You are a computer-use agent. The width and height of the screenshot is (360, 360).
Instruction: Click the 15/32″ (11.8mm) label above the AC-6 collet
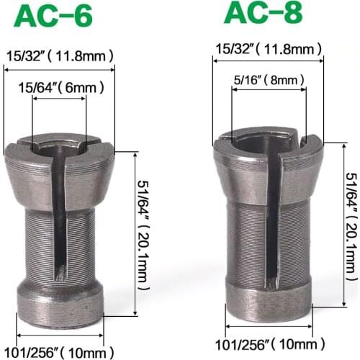[x=60, y=54]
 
